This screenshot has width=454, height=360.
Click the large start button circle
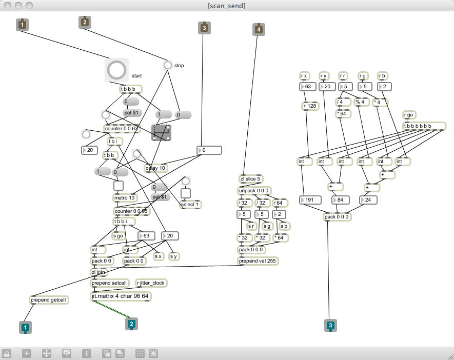click(x=116, y=70)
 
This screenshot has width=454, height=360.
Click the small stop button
click(x=167, y=65)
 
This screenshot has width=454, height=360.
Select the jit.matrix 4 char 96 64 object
click(x=121, y=296)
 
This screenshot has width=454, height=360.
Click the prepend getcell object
click(x=49, y=300)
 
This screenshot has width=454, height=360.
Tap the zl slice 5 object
click(x=251, y=179)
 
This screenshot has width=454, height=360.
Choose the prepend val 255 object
click(x=258, y=261)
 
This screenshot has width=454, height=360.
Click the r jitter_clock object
click(x=151, y=283)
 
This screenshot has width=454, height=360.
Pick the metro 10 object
click(x=124, y=198)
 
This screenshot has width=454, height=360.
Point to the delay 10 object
click(x=155, y=168)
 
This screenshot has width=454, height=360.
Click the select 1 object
click(x=190, y=205)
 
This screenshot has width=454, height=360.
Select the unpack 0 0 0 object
click(x=254, y=191)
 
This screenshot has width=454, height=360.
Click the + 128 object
click(x=310, y=106)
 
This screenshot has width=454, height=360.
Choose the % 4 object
click(x=362, y=102)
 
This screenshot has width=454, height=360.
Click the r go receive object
click(x=408, y=115)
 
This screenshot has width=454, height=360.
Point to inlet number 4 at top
click(x=259, y=29)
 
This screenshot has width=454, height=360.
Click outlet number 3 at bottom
click(x=330, y=325)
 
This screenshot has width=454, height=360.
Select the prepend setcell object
click(x=109, y=283)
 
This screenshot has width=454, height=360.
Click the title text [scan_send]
click(x=227, y=6)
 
